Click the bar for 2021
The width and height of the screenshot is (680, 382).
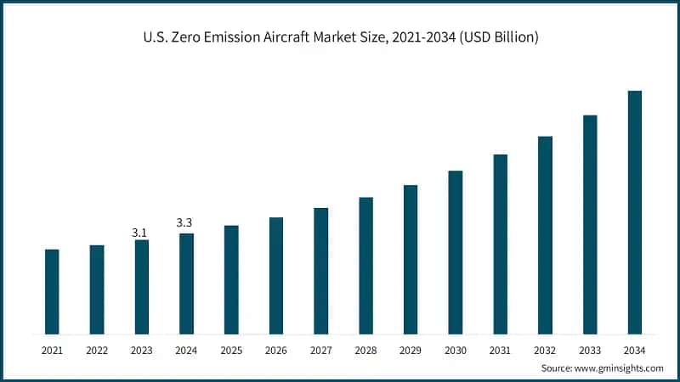point(52,291)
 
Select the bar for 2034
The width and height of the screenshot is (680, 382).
point(634,212)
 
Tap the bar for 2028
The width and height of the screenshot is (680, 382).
point(365,265)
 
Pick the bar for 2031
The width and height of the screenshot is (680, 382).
point(500,244)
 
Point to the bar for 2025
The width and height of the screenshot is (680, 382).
point(231,279)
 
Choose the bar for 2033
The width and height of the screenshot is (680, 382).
point(590,224)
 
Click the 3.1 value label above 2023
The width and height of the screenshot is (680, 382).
point(140,232)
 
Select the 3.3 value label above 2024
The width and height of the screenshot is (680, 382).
point(184,222)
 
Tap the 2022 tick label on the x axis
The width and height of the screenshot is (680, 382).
point(97,350)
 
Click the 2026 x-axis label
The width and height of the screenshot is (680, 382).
point(275,350)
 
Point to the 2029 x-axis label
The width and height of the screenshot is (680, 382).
point(410,350)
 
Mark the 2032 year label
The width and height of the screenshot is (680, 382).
point(544,350)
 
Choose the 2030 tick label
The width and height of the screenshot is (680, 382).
point(455,350)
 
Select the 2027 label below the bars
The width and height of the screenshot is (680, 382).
point(320,350)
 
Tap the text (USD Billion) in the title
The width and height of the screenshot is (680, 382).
point(496,37)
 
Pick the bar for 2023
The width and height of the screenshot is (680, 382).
point(141,287)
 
